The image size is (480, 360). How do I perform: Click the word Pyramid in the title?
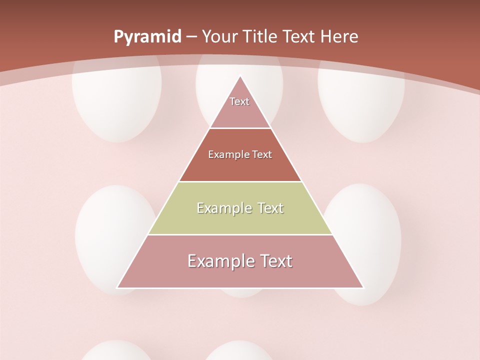tap(147, 37)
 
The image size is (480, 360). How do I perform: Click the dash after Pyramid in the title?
tap(191, 37)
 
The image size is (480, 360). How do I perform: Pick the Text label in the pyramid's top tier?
tap(239, 101)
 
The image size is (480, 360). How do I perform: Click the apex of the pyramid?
tap(240, 76)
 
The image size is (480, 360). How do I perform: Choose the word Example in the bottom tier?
tap(218, 261)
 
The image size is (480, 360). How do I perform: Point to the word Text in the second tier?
tap(262, 155)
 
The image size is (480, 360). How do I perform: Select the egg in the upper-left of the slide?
tap(117, 100)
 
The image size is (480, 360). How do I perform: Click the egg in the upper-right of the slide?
tap(361, 102)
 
